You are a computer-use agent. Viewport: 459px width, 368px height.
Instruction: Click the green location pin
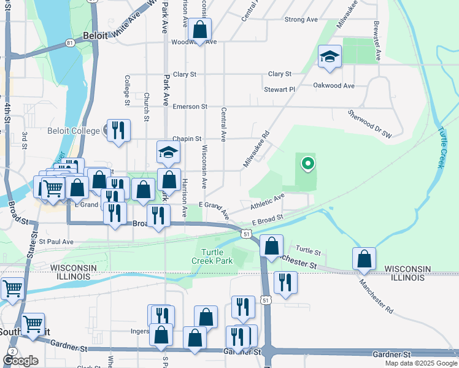[x=307, y=164]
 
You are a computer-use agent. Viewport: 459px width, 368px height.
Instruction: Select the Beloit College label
[x=73, y=131]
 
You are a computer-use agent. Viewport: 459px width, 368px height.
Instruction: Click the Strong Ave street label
[x=301, y=20]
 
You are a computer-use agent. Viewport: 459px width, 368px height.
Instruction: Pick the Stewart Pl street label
[x=280, y=90]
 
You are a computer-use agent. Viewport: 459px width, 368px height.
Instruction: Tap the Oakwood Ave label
[x=334, y=86]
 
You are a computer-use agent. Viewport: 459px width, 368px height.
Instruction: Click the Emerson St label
[x=185, y=107]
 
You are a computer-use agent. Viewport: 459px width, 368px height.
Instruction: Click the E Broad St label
[x=267, y=219]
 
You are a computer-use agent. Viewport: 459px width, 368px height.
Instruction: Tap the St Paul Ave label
[x=56, y=242]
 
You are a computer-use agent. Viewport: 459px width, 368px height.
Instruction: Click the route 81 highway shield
[x=70, y=42]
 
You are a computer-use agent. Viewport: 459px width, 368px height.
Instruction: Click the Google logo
[x=20, y=361]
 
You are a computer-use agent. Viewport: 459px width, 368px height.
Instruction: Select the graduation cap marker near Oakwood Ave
[x=330, y=57]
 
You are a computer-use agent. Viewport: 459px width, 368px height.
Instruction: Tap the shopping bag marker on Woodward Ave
[x=200, y=29]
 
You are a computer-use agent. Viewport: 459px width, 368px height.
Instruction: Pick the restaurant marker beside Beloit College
[x=118, y=130]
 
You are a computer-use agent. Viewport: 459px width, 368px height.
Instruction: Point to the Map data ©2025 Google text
[x=421, y=363]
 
